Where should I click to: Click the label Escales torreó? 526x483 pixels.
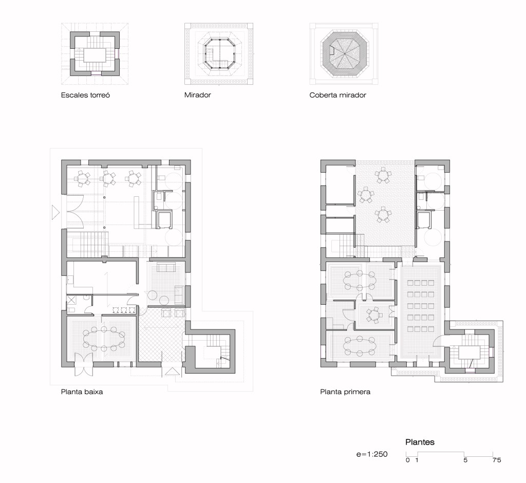pos(85,95)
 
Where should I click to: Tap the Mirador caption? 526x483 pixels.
pos(198,95)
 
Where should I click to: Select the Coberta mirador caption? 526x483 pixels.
pos(337,95)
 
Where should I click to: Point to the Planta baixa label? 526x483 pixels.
pos(82,392)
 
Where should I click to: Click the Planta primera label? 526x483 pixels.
pos(345,392)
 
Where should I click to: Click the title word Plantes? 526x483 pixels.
pos(420,442)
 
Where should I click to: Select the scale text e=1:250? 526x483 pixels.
pos(372,454)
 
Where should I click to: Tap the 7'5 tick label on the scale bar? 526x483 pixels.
pos(497,460)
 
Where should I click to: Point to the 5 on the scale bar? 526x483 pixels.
pos(465,460)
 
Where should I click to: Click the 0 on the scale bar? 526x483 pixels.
pos(407,460)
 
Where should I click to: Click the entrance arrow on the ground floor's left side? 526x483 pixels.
pos(55,212)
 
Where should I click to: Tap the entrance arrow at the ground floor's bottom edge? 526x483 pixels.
pos(173,371)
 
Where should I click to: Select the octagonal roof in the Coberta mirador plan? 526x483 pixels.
pos(345,54)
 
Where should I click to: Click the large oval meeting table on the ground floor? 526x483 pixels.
pos(104,338)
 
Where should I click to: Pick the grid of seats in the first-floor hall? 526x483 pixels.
pos(421,306)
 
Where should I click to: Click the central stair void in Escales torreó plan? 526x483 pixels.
pos(95,55)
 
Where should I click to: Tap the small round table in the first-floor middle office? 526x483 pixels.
pos(374,315)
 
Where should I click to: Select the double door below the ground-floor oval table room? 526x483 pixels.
pos(83,364)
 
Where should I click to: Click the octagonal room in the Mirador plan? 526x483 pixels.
pos(219,54)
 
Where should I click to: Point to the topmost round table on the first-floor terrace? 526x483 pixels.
pos(383,175)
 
